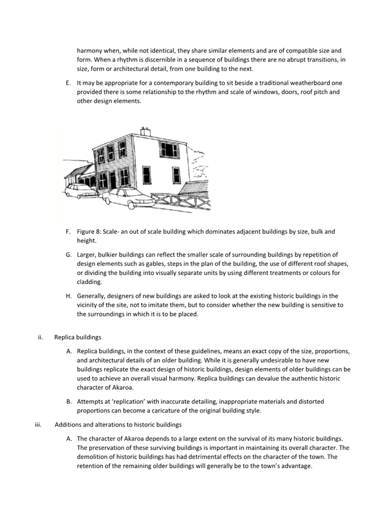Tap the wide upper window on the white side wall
click(169, 149)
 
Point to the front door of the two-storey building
click(113, 180)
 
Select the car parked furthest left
click(81, 191)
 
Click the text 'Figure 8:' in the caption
click(89, 232)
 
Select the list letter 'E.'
click(68, 83)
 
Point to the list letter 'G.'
click(68, 254)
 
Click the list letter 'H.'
click(68, 296)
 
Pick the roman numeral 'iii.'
click(39, 425)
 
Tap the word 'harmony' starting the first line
click(90, 51)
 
